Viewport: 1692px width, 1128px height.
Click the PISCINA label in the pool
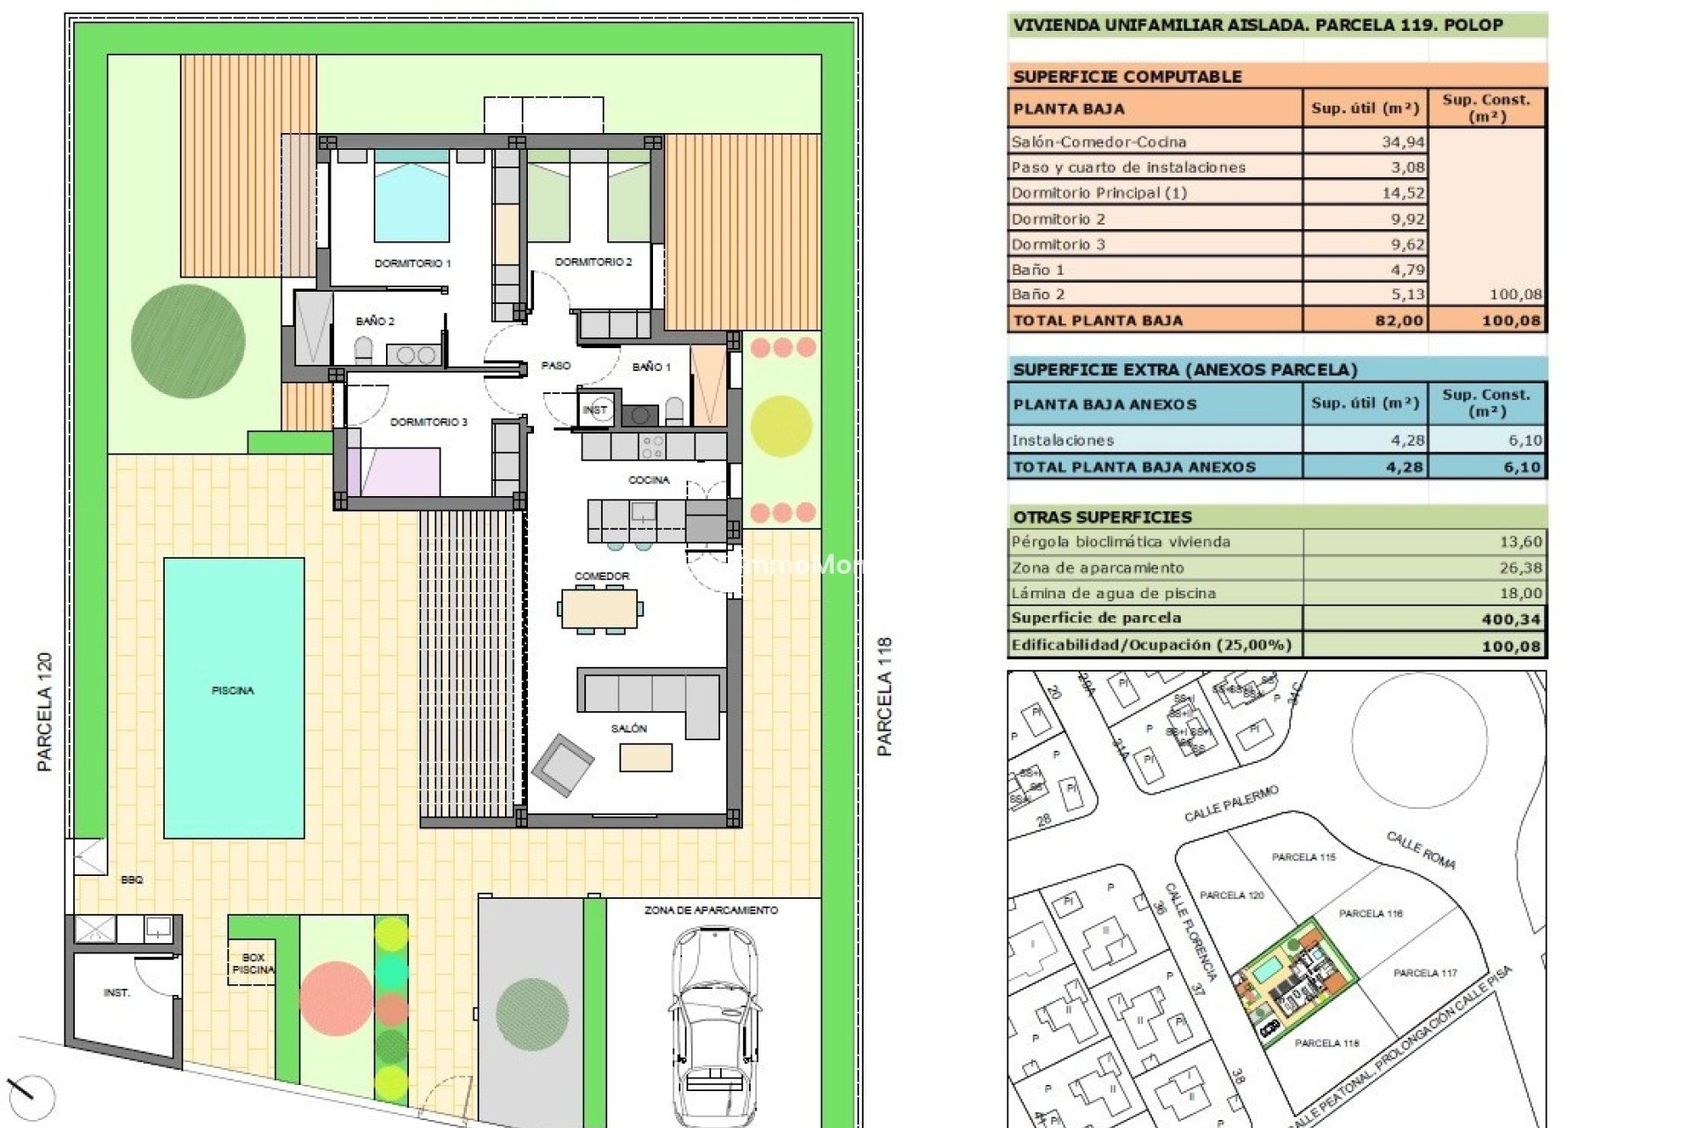[x=233, y=691]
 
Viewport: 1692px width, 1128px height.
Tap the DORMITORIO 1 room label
[x=412, y=263]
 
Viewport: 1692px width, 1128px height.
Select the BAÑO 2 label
[x=375, y=321]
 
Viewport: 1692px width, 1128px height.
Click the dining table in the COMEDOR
[x=600, y=608]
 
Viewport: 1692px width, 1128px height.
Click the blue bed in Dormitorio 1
[x=412, y=203]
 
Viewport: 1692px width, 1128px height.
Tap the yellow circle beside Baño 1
[x=781, y=427]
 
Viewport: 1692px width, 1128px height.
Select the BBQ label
[x=132, y=879]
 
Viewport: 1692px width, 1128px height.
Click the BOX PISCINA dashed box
[x=252, y=963]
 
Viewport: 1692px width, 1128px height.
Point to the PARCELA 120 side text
[x=45, y=712]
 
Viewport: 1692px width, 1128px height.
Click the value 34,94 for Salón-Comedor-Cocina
[x=1402, y=142]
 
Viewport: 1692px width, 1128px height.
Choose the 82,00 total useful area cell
[x=1399, y=321]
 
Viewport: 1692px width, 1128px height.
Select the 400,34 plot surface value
[x=1510, y=620]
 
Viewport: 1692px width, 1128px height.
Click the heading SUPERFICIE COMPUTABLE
[x=1127, y=77]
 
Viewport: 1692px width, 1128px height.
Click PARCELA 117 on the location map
[x=1424, y=973]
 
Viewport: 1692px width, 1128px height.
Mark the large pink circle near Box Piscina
[x=335, y=998]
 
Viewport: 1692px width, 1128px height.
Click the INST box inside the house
[x=596, y=410]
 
